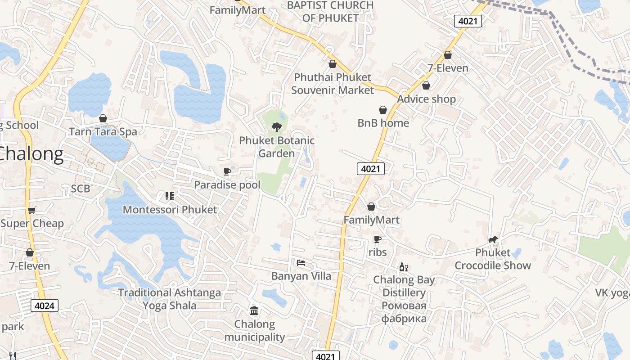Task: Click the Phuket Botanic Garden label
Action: tap(276, 147)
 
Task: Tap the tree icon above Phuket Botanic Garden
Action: tap(276, 127)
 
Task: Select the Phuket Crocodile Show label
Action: tap(493, 259)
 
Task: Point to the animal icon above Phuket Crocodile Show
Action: tap(493, 240)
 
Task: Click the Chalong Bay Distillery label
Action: tap(404, 286)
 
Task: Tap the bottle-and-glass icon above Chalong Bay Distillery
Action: tap(404, 267)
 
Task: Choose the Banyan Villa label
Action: tap(301, 276)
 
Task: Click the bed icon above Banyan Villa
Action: tap(301, 262)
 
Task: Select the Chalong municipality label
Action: tap(254, 331)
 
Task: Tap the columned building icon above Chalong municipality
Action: tap(254, 310)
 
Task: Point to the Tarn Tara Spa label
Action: tap(103, 132)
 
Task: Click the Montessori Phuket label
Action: tap(170, 210)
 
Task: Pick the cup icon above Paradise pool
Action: tap(227, 171)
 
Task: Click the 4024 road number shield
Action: tap(45, 306)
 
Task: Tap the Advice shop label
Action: tap(426, 99)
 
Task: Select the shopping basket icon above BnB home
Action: tap(383, 110)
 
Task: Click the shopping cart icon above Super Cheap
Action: tap(31, 210)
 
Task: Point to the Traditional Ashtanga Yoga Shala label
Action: tap(170, 299)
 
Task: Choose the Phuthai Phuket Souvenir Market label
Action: tap(333, 84)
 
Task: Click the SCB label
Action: tap(81, 189)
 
